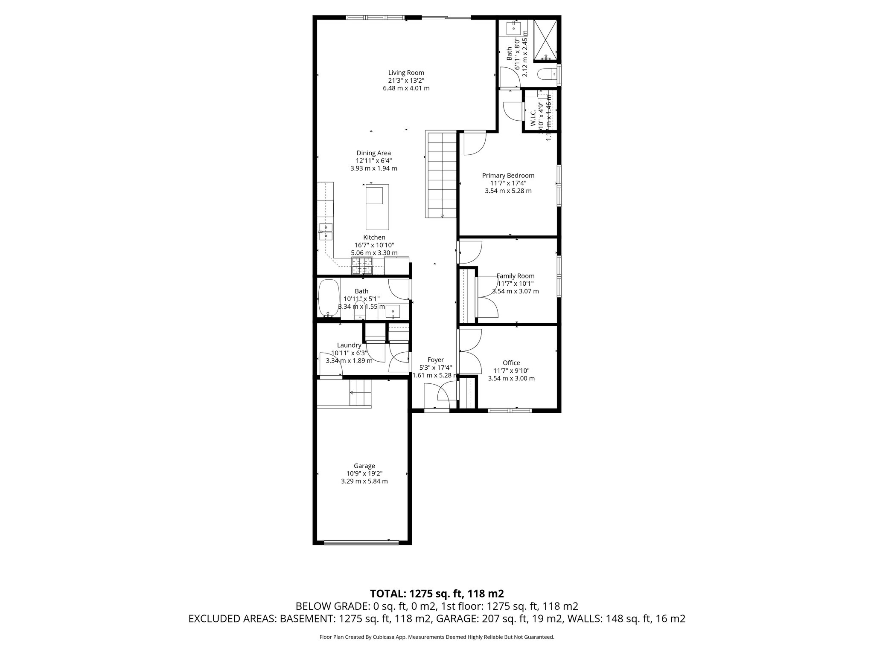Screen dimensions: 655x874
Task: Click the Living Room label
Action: [x=406, y=73]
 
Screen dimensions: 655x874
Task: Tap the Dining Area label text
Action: [x=373, y=153]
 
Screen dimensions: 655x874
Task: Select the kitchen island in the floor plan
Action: [x=377, y=207]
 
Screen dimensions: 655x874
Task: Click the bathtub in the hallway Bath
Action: [x=329, y=298]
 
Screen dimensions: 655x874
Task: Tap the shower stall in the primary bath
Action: [x=545, y=39]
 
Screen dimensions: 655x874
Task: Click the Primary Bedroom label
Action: [x=508, y=175]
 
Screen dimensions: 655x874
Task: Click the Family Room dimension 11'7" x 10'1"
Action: [x=516, y=284]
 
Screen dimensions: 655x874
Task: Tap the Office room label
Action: [x=511, y=363]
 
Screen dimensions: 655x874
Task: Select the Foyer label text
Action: [x=435, y=360]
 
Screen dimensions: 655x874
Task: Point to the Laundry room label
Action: [x=349, y=345]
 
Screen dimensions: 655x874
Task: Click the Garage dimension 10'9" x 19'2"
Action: [x=364, y=473]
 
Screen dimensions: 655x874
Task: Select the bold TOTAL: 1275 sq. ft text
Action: [x=437, y=593]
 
